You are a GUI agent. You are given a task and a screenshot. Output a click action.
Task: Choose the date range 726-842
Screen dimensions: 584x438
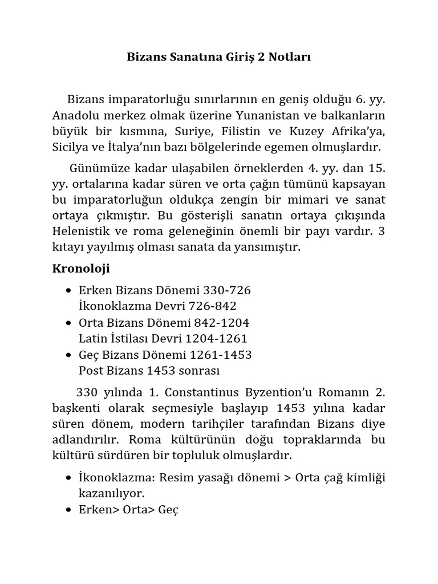[x=212, y=306]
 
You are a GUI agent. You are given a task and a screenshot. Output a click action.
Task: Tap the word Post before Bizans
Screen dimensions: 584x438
[x=91, y=371]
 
